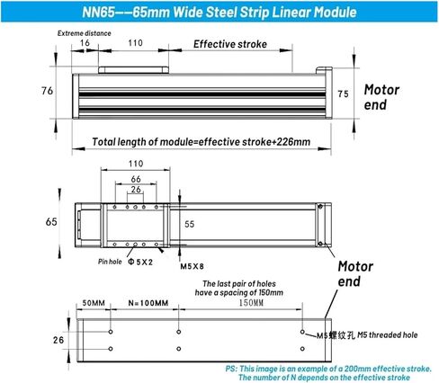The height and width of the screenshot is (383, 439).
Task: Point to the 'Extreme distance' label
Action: (85, 33)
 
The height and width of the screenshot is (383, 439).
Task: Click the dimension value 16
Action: (85, 43)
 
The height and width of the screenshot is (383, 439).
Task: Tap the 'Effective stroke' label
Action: (230, 44)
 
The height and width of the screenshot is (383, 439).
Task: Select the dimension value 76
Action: (47, 91)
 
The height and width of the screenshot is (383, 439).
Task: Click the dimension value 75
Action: (343, 94)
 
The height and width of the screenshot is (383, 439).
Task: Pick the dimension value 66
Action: (136, 179)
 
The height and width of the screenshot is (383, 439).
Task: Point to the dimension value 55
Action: (190, 224)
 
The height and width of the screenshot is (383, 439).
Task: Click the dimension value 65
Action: (51, 222)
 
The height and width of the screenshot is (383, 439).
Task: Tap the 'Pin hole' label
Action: (110, 262)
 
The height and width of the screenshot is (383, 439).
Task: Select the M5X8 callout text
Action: (192, 266)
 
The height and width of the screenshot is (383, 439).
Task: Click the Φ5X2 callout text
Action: (140, 262)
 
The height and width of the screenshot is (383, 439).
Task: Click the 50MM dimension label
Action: (94, 303)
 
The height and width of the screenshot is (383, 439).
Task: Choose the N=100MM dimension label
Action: (148, 303)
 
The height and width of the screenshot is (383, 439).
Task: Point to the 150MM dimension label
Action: (251, 303)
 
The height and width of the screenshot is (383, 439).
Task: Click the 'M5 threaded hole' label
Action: (388, 334)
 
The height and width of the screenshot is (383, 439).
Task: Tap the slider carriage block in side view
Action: (133, 70)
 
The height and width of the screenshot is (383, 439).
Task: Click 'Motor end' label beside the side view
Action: (381, 97)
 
